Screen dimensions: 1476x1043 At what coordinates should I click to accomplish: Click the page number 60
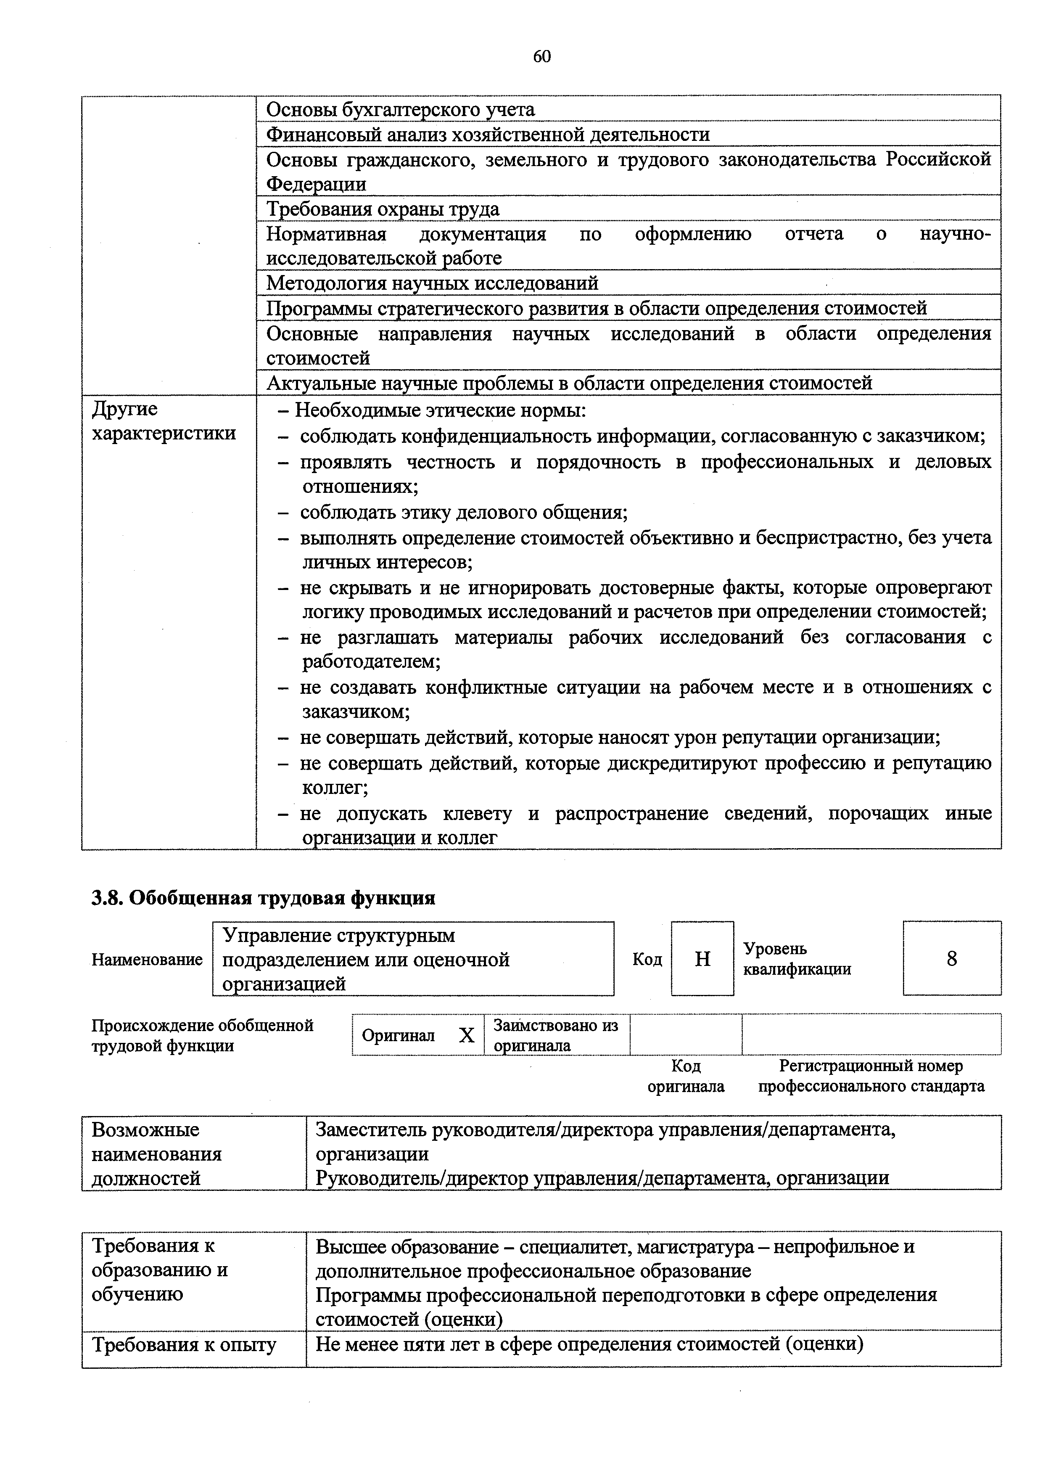pyautogui.click(x=542, y=57)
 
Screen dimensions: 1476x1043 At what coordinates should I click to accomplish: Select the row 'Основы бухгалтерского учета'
pyautogui.click(x=400, y=110)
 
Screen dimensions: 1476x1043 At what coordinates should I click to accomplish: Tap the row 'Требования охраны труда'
pyautogui.click(x=383, y=209)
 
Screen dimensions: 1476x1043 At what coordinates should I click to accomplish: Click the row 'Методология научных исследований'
pyautogui.click(x=432, y=283)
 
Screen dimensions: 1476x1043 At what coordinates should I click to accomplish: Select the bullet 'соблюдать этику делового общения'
pyautogui.click(x=463, y=512)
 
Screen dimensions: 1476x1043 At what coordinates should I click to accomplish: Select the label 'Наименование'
pyautogui.click(x=147, y=960)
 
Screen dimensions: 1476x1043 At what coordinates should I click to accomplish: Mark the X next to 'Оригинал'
pyautogui.click(x=467, y=1035)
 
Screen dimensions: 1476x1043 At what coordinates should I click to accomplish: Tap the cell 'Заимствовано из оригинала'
pyautogui.click(x=555, y=1035)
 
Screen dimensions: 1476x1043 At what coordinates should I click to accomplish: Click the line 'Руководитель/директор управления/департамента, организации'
pyautogui.click(x=602, y=1178)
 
